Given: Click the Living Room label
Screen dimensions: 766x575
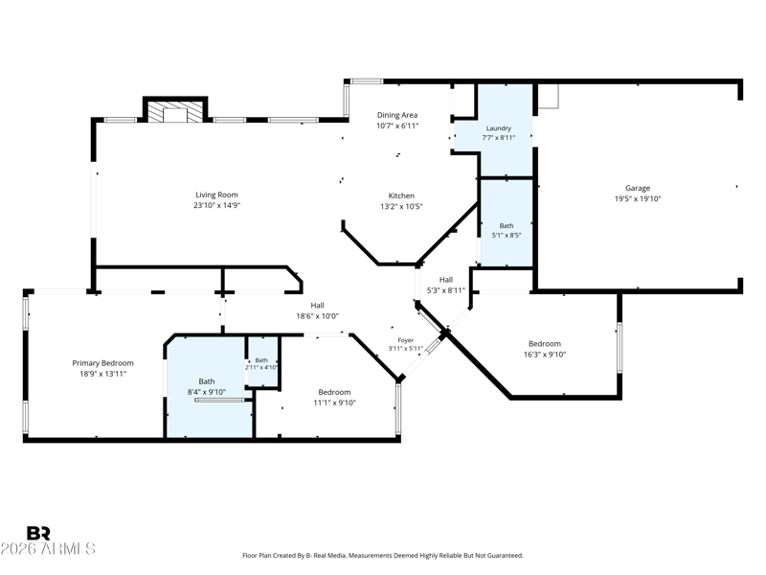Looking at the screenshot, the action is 216,195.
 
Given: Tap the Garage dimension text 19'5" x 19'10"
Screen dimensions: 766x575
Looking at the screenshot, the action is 638,198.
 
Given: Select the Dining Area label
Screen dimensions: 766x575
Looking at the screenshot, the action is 397,115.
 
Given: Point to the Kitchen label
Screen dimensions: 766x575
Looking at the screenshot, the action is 401,195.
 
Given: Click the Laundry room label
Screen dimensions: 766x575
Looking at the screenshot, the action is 498,128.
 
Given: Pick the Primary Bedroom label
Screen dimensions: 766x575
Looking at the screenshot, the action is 102,363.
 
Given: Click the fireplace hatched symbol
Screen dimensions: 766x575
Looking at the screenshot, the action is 175,112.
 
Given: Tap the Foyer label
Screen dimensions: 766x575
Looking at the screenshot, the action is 405,340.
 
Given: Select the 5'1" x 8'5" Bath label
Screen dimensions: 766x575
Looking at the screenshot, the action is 507,230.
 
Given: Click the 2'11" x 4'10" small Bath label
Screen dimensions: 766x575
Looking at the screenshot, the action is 261,364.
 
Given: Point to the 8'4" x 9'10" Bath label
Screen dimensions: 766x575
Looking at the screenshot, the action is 207,386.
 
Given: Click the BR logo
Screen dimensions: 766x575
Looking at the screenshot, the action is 38,533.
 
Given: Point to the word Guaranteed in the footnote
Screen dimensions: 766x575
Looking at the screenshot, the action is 505,556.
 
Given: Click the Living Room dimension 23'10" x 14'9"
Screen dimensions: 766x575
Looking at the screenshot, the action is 216,205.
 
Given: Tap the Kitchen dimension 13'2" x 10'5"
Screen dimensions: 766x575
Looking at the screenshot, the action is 401,206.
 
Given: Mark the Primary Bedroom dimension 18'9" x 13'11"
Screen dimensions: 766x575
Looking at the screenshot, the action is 102,374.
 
